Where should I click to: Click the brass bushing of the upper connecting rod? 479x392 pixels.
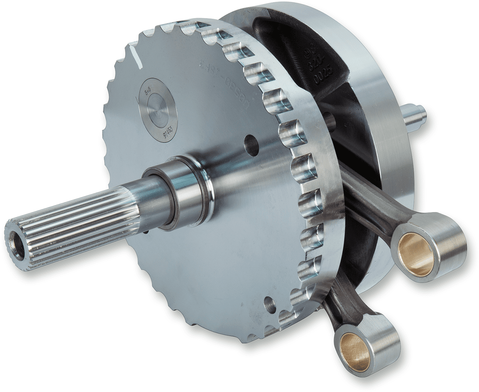click(x=416, y=254)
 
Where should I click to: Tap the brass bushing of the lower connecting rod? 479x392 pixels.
click(x=355, y=351)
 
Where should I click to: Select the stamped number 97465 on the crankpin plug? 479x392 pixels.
click(x=168, y=130)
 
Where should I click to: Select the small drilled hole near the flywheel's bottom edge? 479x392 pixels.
click(x=270, y=305)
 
